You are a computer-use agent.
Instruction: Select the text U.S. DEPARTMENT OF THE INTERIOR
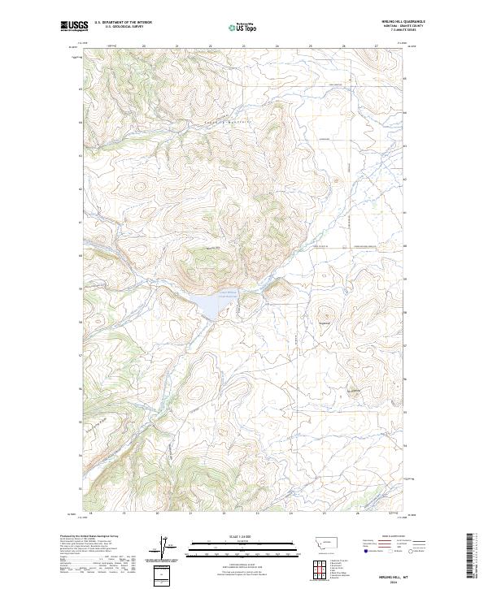123,24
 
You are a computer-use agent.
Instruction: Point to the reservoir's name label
227,294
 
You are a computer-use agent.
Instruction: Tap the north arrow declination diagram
165,548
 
